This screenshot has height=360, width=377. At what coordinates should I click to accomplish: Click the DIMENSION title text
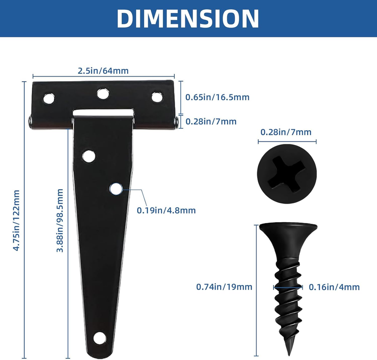(x=188, y=18)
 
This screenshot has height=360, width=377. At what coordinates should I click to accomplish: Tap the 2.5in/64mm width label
(x=103, y=71)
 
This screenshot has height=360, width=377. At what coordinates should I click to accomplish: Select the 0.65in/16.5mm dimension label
(x=217, y=97)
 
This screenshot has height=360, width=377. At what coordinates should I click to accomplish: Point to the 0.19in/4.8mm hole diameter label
(x=166, y=210)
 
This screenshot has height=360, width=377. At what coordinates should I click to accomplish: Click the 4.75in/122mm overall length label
(x=16, y=220)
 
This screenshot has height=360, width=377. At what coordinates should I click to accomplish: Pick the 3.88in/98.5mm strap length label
(x=60, y=220)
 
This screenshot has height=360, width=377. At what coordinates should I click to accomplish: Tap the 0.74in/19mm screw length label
(x=224, y=287)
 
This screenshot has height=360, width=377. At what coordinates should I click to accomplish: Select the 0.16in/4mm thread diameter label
(x=334, y=287)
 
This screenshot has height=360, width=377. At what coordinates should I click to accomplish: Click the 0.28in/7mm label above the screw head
(x=286, y=132)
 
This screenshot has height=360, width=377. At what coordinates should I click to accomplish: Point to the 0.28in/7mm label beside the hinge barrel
(x=211, y=121)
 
